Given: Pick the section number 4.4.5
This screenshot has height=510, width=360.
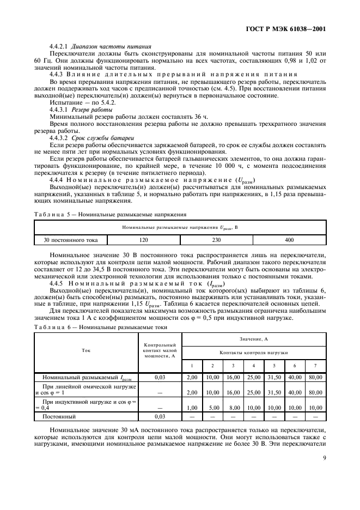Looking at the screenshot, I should pos(57,283).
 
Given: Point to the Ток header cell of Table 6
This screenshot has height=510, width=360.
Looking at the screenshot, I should pos(86,351).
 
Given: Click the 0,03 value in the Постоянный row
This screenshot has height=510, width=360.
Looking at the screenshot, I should pos(159,416).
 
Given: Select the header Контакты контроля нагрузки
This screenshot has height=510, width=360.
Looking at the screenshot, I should pos(253,353).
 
